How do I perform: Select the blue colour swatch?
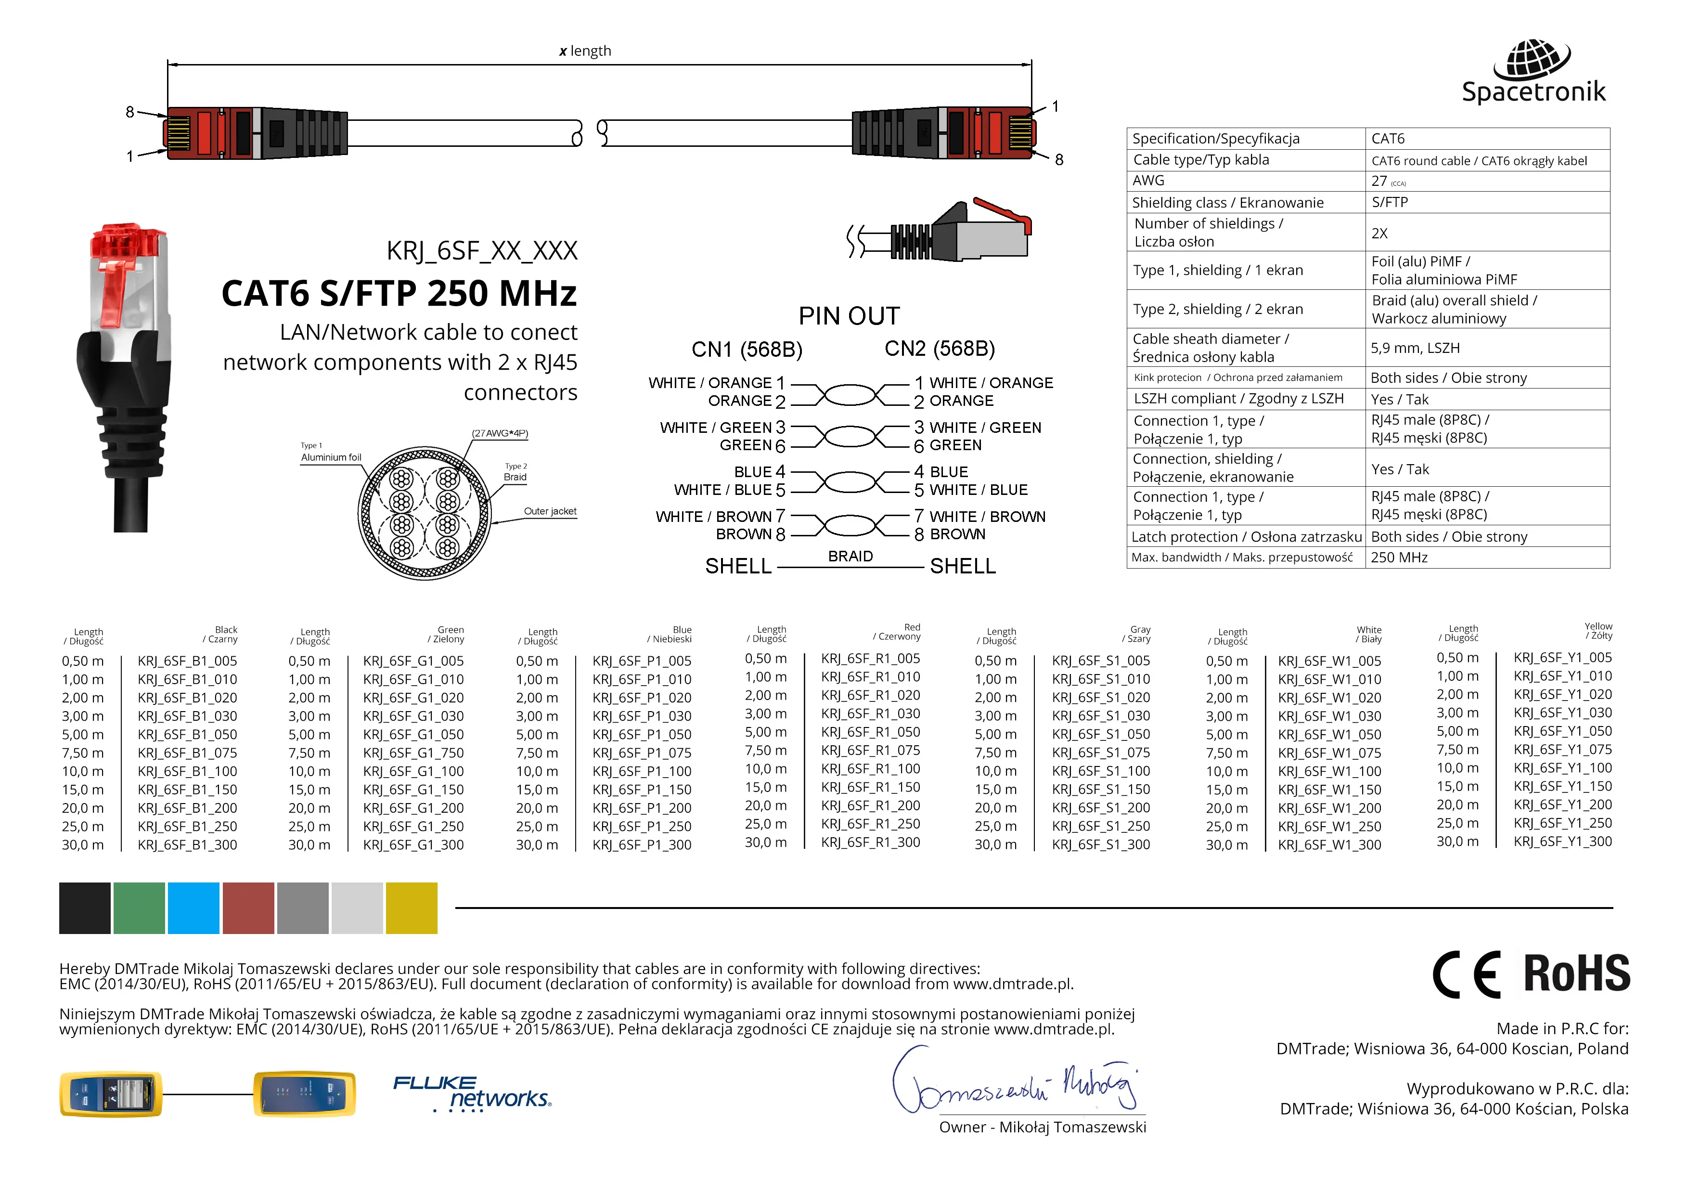(x=193, y=908)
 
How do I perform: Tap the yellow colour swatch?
(x=411, y=908)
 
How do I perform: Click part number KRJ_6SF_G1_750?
(x=413, y=753)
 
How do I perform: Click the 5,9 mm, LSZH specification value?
(x=1415, y=348)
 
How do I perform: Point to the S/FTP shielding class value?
(x=1390, y=202)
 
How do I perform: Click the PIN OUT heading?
(x=849, y=316)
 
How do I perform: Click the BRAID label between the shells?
(x=850, y=557)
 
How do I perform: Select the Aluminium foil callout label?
(x=331, y=457)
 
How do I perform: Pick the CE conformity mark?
(x=1466, y=974)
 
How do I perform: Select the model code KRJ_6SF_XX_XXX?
(x=481, y=251)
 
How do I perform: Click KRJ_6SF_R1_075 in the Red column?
(x=870, y=751)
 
